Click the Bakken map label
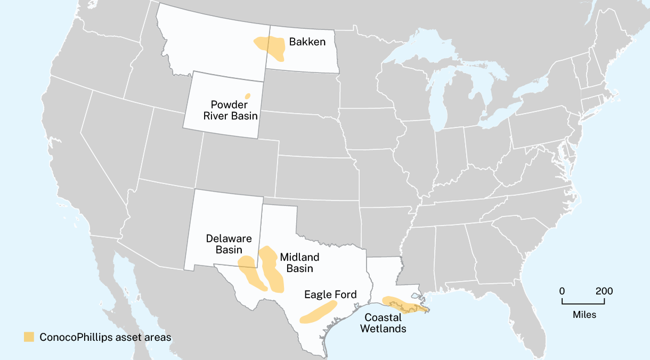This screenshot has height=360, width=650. (x=307, y=42)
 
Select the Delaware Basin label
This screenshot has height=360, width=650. (x=229, y=244)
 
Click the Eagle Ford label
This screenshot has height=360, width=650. (x=330, y=294)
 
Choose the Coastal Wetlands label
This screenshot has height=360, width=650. (x=383, y=323)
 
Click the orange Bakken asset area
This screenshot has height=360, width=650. (x=273, y=47)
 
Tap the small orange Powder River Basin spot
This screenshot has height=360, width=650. (x=248, y=96)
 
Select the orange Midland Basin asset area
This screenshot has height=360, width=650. (x=272, y=269)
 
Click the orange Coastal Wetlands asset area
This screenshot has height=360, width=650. (x=405, y=305)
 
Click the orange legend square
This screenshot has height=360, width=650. (x=29, y=337)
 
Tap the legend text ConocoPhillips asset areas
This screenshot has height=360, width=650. (x=105, y=337)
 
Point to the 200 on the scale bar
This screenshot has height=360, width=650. (x=604, y=291)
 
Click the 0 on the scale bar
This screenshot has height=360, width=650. (x=562, y=291)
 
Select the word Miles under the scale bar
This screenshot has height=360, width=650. (x=584, y=315)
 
